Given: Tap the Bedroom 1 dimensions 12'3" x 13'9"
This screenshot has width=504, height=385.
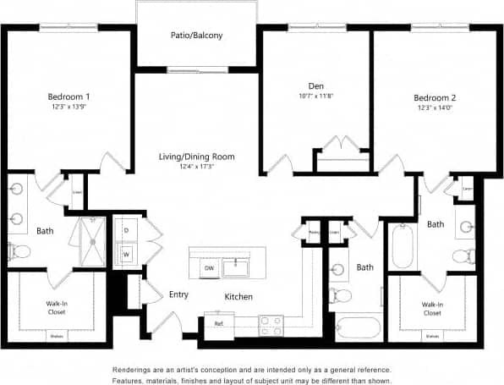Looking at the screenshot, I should point(70,108).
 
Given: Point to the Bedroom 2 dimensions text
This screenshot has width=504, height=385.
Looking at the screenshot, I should point(435,108).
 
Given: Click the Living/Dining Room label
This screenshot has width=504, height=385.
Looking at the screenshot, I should point(197,157).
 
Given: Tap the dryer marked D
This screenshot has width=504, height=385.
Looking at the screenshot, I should point(126,229).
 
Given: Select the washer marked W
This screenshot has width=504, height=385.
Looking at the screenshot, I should point(126,254).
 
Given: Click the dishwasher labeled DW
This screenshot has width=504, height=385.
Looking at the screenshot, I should point(208,268).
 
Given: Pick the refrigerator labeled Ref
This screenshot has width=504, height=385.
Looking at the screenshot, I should point(218,323).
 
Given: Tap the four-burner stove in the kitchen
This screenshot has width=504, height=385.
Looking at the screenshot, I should point(271,322).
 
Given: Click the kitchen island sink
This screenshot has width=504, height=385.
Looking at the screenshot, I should point(236,268).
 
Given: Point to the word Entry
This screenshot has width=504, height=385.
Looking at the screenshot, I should point(178,294).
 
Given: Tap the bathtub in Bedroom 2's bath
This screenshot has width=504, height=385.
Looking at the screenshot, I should point(402,245).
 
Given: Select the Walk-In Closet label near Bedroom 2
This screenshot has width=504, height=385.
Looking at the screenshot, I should point(430,309).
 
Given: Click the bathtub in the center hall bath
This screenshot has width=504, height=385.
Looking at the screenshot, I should point(359,327).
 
